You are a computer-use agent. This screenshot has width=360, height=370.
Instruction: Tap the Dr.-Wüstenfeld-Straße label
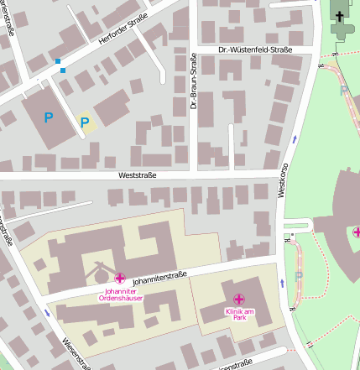[255, 50]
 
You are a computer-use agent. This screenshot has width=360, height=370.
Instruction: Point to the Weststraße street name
[138, 175]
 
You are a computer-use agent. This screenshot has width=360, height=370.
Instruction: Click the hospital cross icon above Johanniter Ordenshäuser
[120, 278]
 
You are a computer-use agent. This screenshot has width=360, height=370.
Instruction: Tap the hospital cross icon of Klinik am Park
[239, 299]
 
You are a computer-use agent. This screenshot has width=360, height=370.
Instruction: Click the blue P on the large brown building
[49, 118]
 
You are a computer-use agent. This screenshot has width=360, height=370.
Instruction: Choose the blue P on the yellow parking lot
[85, 123]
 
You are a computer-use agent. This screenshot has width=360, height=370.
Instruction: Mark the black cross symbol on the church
[340, 14]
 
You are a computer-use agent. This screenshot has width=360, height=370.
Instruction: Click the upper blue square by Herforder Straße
[58, 61]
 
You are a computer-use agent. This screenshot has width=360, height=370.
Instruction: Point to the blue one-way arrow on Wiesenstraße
[46, 314]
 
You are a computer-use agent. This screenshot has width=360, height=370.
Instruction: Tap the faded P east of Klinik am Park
[299, 275]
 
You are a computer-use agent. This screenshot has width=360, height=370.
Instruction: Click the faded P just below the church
[343, 90]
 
